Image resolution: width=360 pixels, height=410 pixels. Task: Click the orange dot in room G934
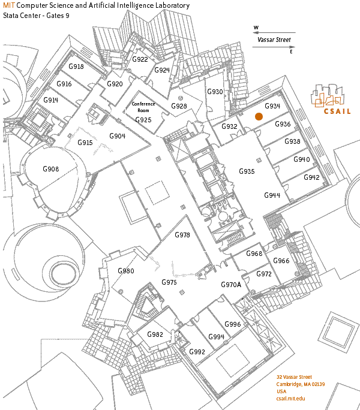pos(259,117)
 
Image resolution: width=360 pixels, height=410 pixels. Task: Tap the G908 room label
pos(51,170)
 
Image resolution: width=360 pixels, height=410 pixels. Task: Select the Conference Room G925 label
pos(143,111)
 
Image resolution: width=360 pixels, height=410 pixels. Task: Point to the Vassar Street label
pos(274,41)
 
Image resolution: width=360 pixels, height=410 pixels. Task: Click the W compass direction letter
pos(256,28)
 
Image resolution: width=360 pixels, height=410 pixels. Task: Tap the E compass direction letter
pos(291,52)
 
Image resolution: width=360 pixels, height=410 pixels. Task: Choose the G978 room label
pos(182,235)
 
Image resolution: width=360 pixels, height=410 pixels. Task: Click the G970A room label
pos(231,285)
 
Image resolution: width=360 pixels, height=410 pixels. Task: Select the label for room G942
pos(311,177)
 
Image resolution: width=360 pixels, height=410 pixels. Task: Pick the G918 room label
pos(76,67)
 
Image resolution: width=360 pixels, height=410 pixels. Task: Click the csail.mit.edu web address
pos(291,398)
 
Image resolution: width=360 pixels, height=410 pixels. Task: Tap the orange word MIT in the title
pos(9,5)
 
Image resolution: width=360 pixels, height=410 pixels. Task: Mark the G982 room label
pos(155,334)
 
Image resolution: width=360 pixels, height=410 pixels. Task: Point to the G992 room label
pos(197,352)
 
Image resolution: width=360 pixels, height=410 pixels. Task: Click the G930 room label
pos(215,92)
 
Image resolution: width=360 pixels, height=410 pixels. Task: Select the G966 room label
pos(281,261)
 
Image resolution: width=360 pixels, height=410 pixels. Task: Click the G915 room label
pos(85,143)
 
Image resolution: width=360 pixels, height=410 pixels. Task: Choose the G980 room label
pos(126,271)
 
